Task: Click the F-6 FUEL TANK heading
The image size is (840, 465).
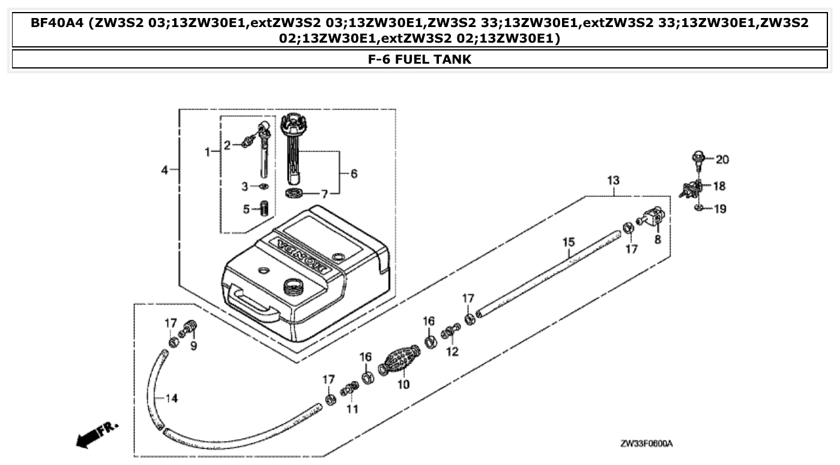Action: [x=420, y=59]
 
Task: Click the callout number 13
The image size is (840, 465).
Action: [x=613, y=181]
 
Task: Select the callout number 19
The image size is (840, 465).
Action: [x=720, y=208]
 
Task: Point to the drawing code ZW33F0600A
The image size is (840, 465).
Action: [x=646, y=443]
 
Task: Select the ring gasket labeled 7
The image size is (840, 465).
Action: [x=294, y=193]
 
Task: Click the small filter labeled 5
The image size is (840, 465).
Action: [x=263, y=210]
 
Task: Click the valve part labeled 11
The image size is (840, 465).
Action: [x=349, y=392]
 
